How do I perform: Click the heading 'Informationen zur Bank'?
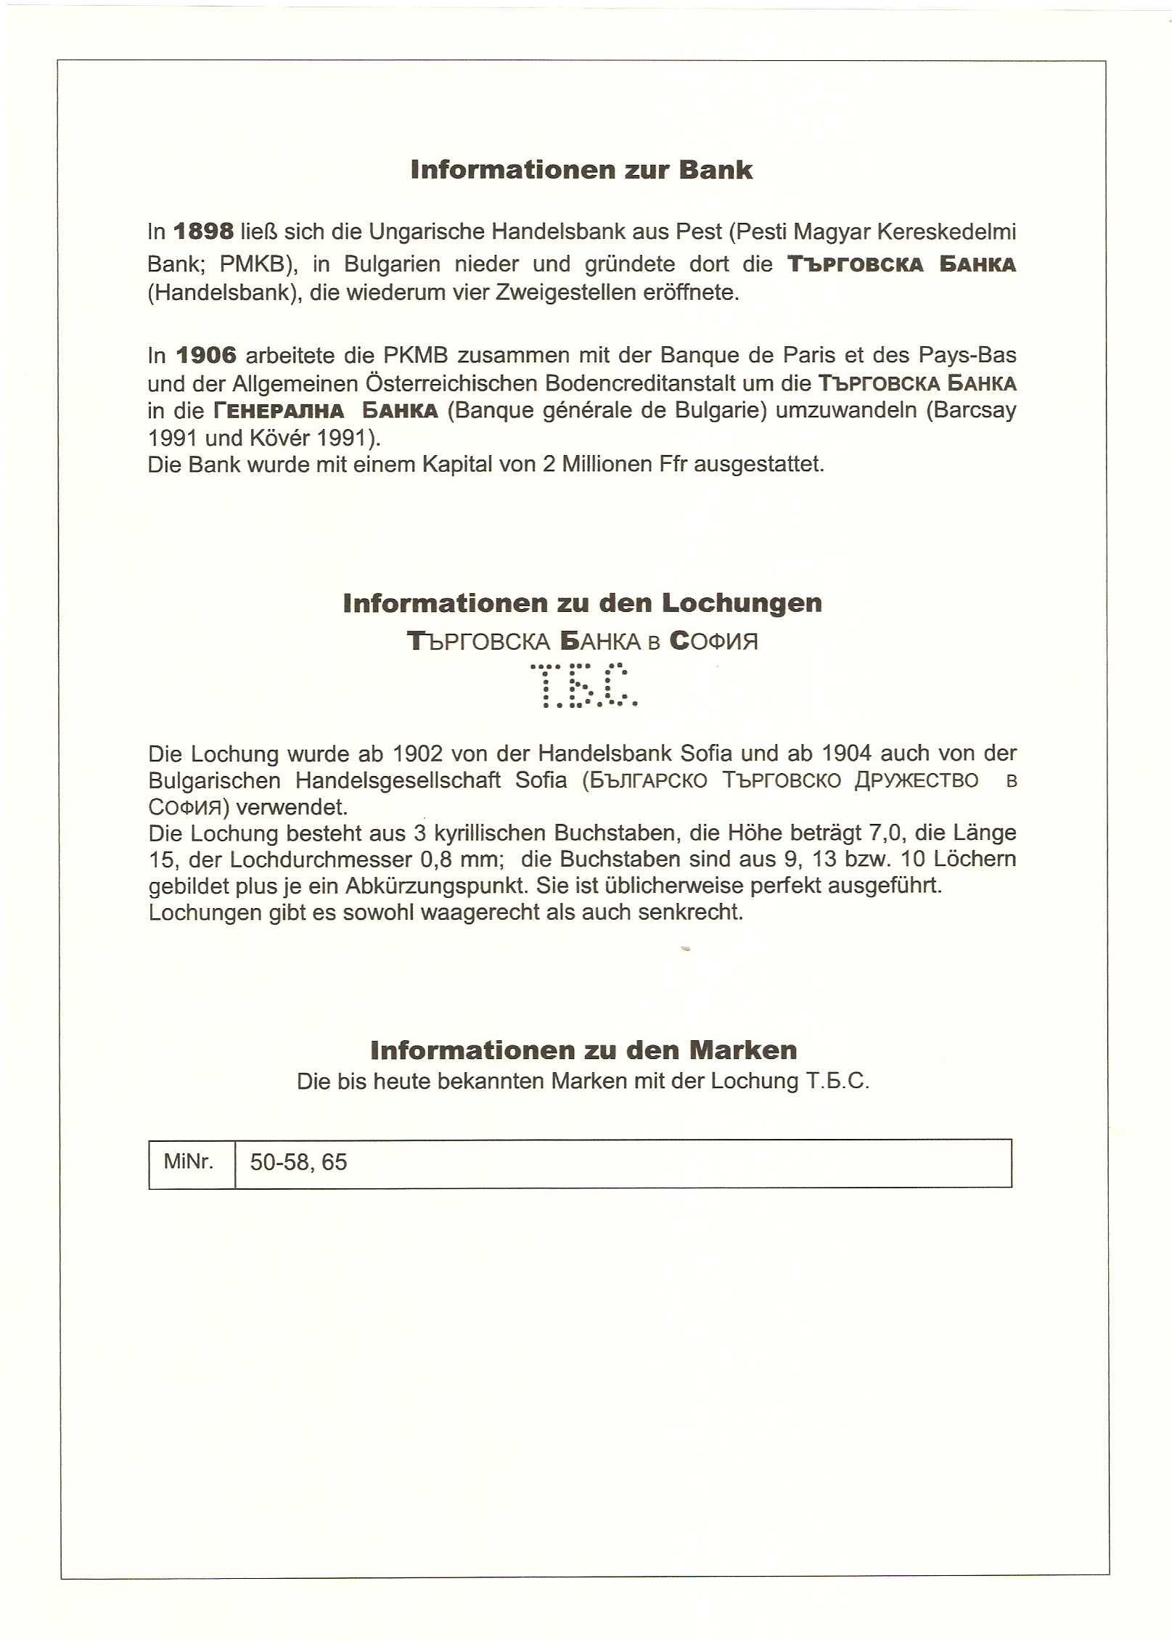coord(581,170)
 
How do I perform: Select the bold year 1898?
coord(204,232)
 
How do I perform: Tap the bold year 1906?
coord(206,356)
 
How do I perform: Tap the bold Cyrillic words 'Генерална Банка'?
coord(325,411)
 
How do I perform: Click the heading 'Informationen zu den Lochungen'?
coord(582,603)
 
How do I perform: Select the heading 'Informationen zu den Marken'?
coord(583,1050)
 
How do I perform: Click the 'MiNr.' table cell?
coord(189,1162)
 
